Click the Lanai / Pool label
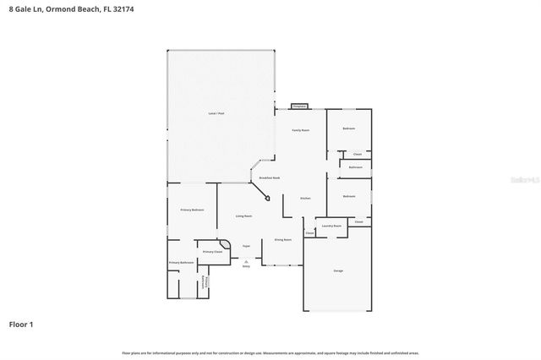[216, 113]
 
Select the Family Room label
[301, 130]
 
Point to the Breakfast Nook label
[270, 178]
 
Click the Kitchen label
[306, 199]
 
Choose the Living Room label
[243, 216]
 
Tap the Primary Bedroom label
[192, 210]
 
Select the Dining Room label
[282, 240]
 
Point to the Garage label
[338, 270]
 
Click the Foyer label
[246, 246]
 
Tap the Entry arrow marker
[246, 261]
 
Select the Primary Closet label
[212, 252]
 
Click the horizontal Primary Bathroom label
[181, 263]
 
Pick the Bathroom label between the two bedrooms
[355, 167]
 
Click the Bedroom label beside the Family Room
[348, 128]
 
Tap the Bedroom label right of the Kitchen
[349, 196]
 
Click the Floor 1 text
[20, 324]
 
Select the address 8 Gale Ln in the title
[23, 8]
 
